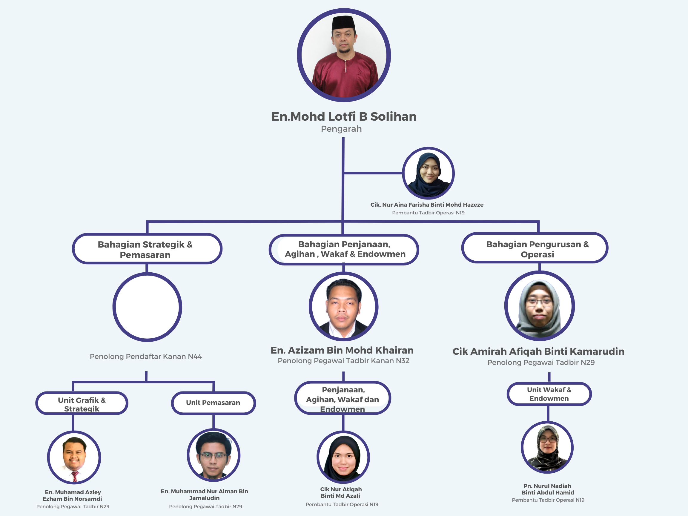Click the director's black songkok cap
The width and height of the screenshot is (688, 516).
pos(343,23)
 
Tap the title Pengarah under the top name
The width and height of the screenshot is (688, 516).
pos(341,129)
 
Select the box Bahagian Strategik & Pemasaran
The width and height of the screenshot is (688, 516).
pos(147,249)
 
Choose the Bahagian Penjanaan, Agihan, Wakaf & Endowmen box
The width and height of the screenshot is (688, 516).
pos(344,249)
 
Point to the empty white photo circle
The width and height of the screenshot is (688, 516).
pos(147,307)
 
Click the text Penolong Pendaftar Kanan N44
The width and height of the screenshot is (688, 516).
pos(146,357)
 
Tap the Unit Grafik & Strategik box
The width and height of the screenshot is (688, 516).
pos(82,403)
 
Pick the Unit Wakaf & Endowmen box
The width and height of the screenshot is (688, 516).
pos(549,394)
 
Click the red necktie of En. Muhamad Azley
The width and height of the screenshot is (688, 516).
pos(75,476)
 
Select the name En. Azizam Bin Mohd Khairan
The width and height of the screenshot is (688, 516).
pos(342,350)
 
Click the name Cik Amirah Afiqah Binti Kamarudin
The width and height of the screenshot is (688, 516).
pos(538,351)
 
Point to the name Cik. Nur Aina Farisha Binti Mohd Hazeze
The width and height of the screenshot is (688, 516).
pos(427,205)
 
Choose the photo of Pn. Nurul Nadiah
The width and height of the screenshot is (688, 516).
pos(547,448)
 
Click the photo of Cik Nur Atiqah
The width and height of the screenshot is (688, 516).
pos(343,457)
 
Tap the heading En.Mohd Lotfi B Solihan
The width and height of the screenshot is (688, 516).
pos(344,117)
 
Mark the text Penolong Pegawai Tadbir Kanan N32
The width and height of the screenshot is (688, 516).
pos(343,361)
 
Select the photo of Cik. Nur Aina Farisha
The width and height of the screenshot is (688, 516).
pos(428,173)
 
